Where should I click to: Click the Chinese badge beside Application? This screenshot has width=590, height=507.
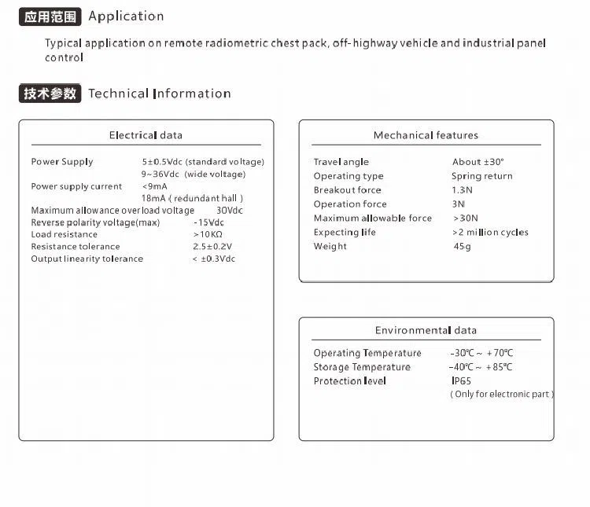point(50,17)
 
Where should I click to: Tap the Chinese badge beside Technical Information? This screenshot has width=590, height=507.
point(50,94)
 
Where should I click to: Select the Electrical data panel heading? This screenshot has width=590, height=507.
point(146,135)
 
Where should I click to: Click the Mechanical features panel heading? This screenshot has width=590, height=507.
point(426,135)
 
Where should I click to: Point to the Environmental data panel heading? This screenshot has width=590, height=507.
point(426,330)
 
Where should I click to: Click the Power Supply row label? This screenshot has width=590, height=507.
point(62,162)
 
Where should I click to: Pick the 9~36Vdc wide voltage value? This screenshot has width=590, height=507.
point(194,175)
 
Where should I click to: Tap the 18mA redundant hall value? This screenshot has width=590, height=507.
point(192,199)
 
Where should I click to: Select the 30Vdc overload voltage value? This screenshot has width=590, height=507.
point(230,211)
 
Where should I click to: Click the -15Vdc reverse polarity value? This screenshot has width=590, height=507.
point(208,222)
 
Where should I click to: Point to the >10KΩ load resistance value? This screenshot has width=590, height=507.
point(208,234)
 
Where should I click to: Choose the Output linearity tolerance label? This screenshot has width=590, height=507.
point(87,259)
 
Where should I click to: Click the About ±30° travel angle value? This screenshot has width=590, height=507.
point(478,162)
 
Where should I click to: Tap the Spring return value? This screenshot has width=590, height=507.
point(481,176)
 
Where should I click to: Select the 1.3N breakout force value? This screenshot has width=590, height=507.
point(462,190)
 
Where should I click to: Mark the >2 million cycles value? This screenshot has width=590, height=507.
point(490,233)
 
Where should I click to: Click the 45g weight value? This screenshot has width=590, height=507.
point(462,247)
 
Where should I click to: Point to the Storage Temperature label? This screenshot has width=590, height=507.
point(362,367)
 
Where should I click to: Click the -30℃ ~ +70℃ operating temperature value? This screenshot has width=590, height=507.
point(481,354)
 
